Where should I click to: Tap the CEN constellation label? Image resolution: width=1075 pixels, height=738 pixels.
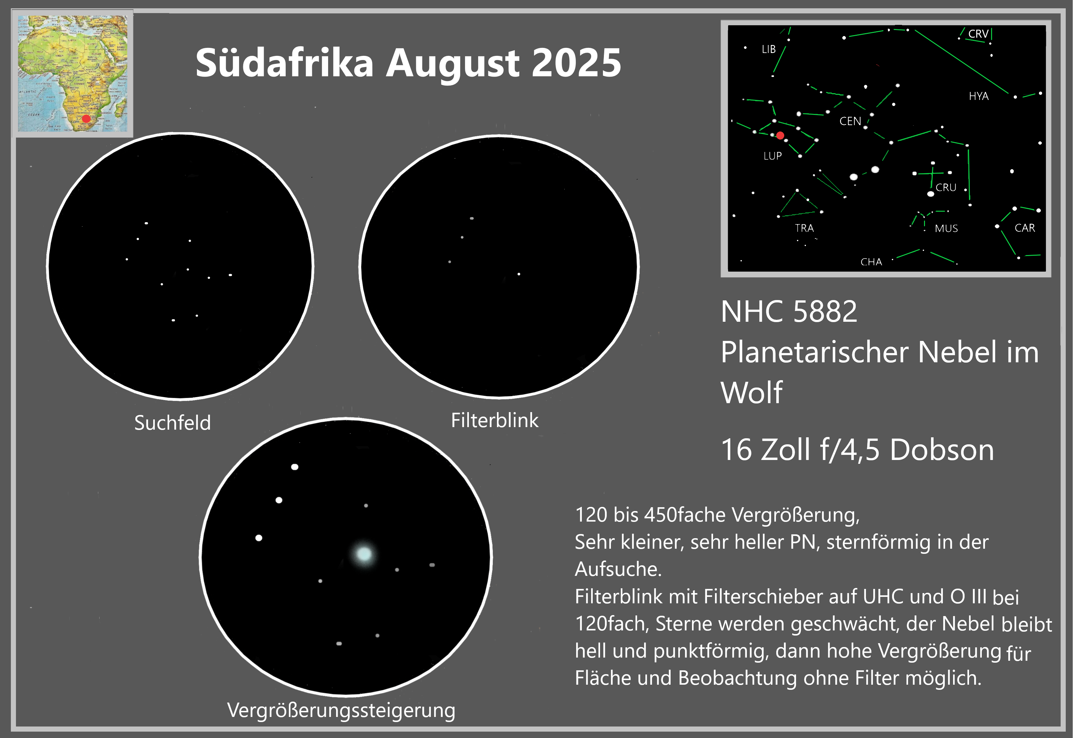click(x=850, y=121)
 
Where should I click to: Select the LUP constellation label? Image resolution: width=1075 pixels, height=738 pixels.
click(x=772, y=156)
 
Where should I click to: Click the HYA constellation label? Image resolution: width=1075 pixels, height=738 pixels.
click(x=979, y=96)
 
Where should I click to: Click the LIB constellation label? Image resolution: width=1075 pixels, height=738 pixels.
click(x=769, y=49)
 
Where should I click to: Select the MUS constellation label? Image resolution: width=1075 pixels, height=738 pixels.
click(x=946, y=229)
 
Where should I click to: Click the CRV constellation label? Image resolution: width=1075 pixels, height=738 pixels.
click(x=978, y=34)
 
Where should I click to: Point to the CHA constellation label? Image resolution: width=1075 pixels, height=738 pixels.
click(x=871, y=262)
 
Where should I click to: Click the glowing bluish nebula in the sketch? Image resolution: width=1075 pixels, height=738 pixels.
click(x=364, y=554)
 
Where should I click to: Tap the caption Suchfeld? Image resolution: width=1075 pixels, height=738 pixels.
click(x=173, y=422)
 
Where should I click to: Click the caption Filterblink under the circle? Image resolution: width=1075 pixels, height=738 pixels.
click(x=494, y=420)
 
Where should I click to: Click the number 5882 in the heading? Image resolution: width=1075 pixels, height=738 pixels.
click(x=825, y=312)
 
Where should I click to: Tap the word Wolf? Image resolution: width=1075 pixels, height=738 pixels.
click(x=752, y=392)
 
